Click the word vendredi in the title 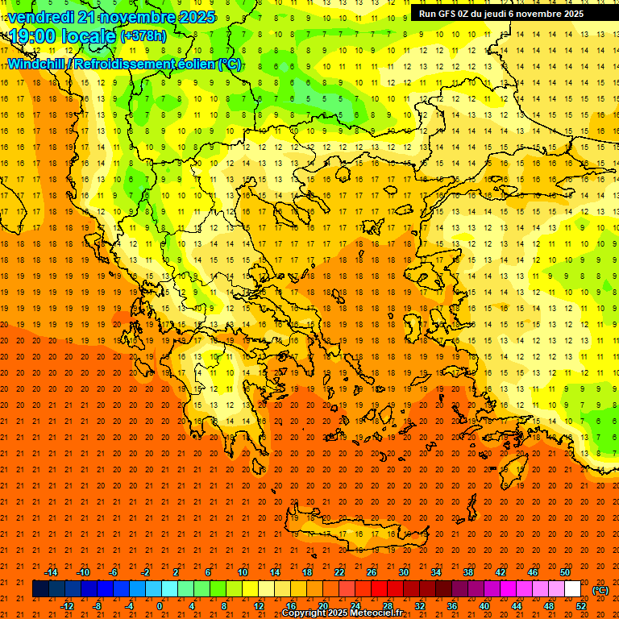pyautogui.click(x=40, y=17)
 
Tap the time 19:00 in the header pyautogui.click(x=35, y=36)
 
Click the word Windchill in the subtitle pyautogui.click(x=37, y=64)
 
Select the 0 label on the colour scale pyautogui.click(x=160, y=605)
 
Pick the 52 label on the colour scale pyautogui.click(x=581, y=605)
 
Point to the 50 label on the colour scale pyautogui.click(x=565, y=572)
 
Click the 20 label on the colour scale pyautogui.click(x=322, y=605)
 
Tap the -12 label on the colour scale pyautogui.click(x=67, y=605)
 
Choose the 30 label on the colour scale pyautogui.click(x=403, y=572)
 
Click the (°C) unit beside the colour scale pyautogui.click(x=600, y=590)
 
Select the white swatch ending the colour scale pyautogui.click(x=573, y=589)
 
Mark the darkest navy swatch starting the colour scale pyautogui.click(x=41, y=589)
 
